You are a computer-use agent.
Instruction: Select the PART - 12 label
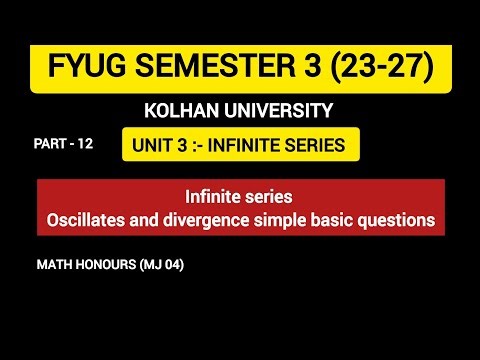point(62,144)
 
